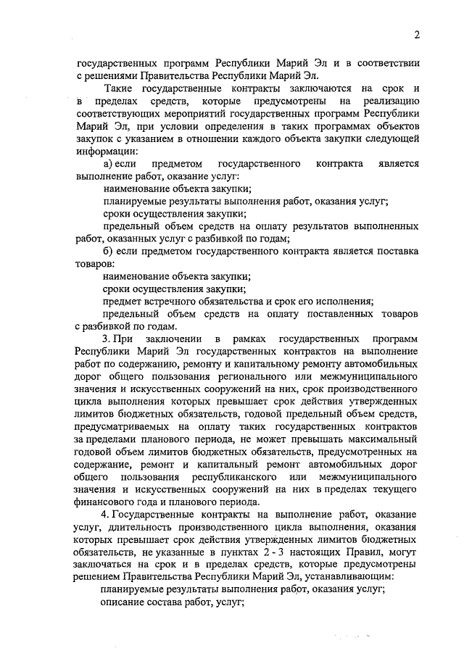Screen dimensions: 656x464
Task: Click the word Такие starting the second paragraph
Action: tap(117, 88)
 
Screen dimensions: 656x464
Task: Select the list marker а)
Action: tap(109, 165)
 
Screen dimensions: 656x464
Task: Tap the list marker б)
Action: tap(109, 251)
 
